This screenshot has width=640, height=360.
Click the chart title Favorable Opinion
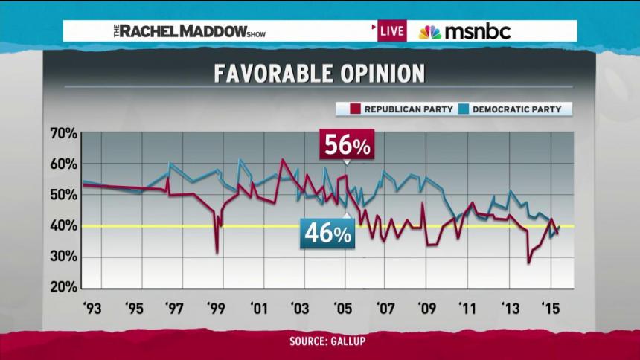tap(319, 74)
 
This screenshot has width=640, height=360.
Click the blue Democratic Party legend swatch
tap(464, 109)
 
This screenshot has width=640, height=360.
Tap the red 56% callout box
tap(346, 146)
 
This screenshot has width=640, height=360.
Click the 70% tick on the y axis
tap(63, 134)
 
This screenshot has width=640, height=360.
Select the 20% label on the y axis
tap(63, 286)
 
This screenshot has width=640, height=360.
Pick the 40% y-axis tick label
tap(63, 225)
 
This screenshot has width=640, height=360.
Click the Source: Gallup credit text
tap(320, 341)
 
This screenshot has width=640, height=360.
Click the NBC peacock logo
tap(429, 32)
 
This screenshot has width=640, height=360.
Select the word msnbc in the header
tap(477, 32)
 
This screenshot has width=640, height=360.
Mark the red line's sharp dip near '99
tap(217, 253)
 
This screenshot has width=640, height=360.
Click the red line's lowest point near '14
tap(528, 263)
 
